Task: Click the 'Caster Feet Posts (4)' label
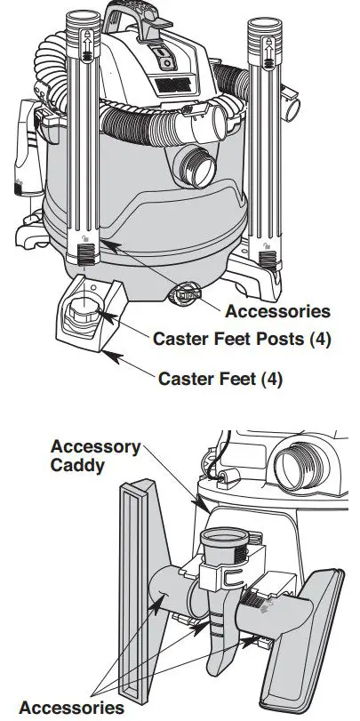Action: coord(242,339)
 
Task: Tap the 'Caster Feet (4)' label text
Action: coord(220,379)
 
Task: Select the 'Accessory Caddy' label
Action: coord(96,456)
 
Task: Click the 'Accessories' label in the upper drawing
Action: coord(277,311)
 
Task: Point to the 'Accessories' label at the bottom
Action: coord(71,707)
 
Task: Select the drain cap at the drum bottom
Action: coord(185,293)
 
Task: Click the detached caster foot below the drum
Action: coord(89,313)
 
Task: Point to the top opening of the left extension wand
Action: coord(84,19)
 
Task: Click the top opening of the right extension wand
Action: coord(264,24)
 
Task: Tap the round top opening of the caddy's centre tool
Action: coord(225,537)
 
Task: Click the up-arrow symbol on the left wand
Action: coord(86,44)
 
